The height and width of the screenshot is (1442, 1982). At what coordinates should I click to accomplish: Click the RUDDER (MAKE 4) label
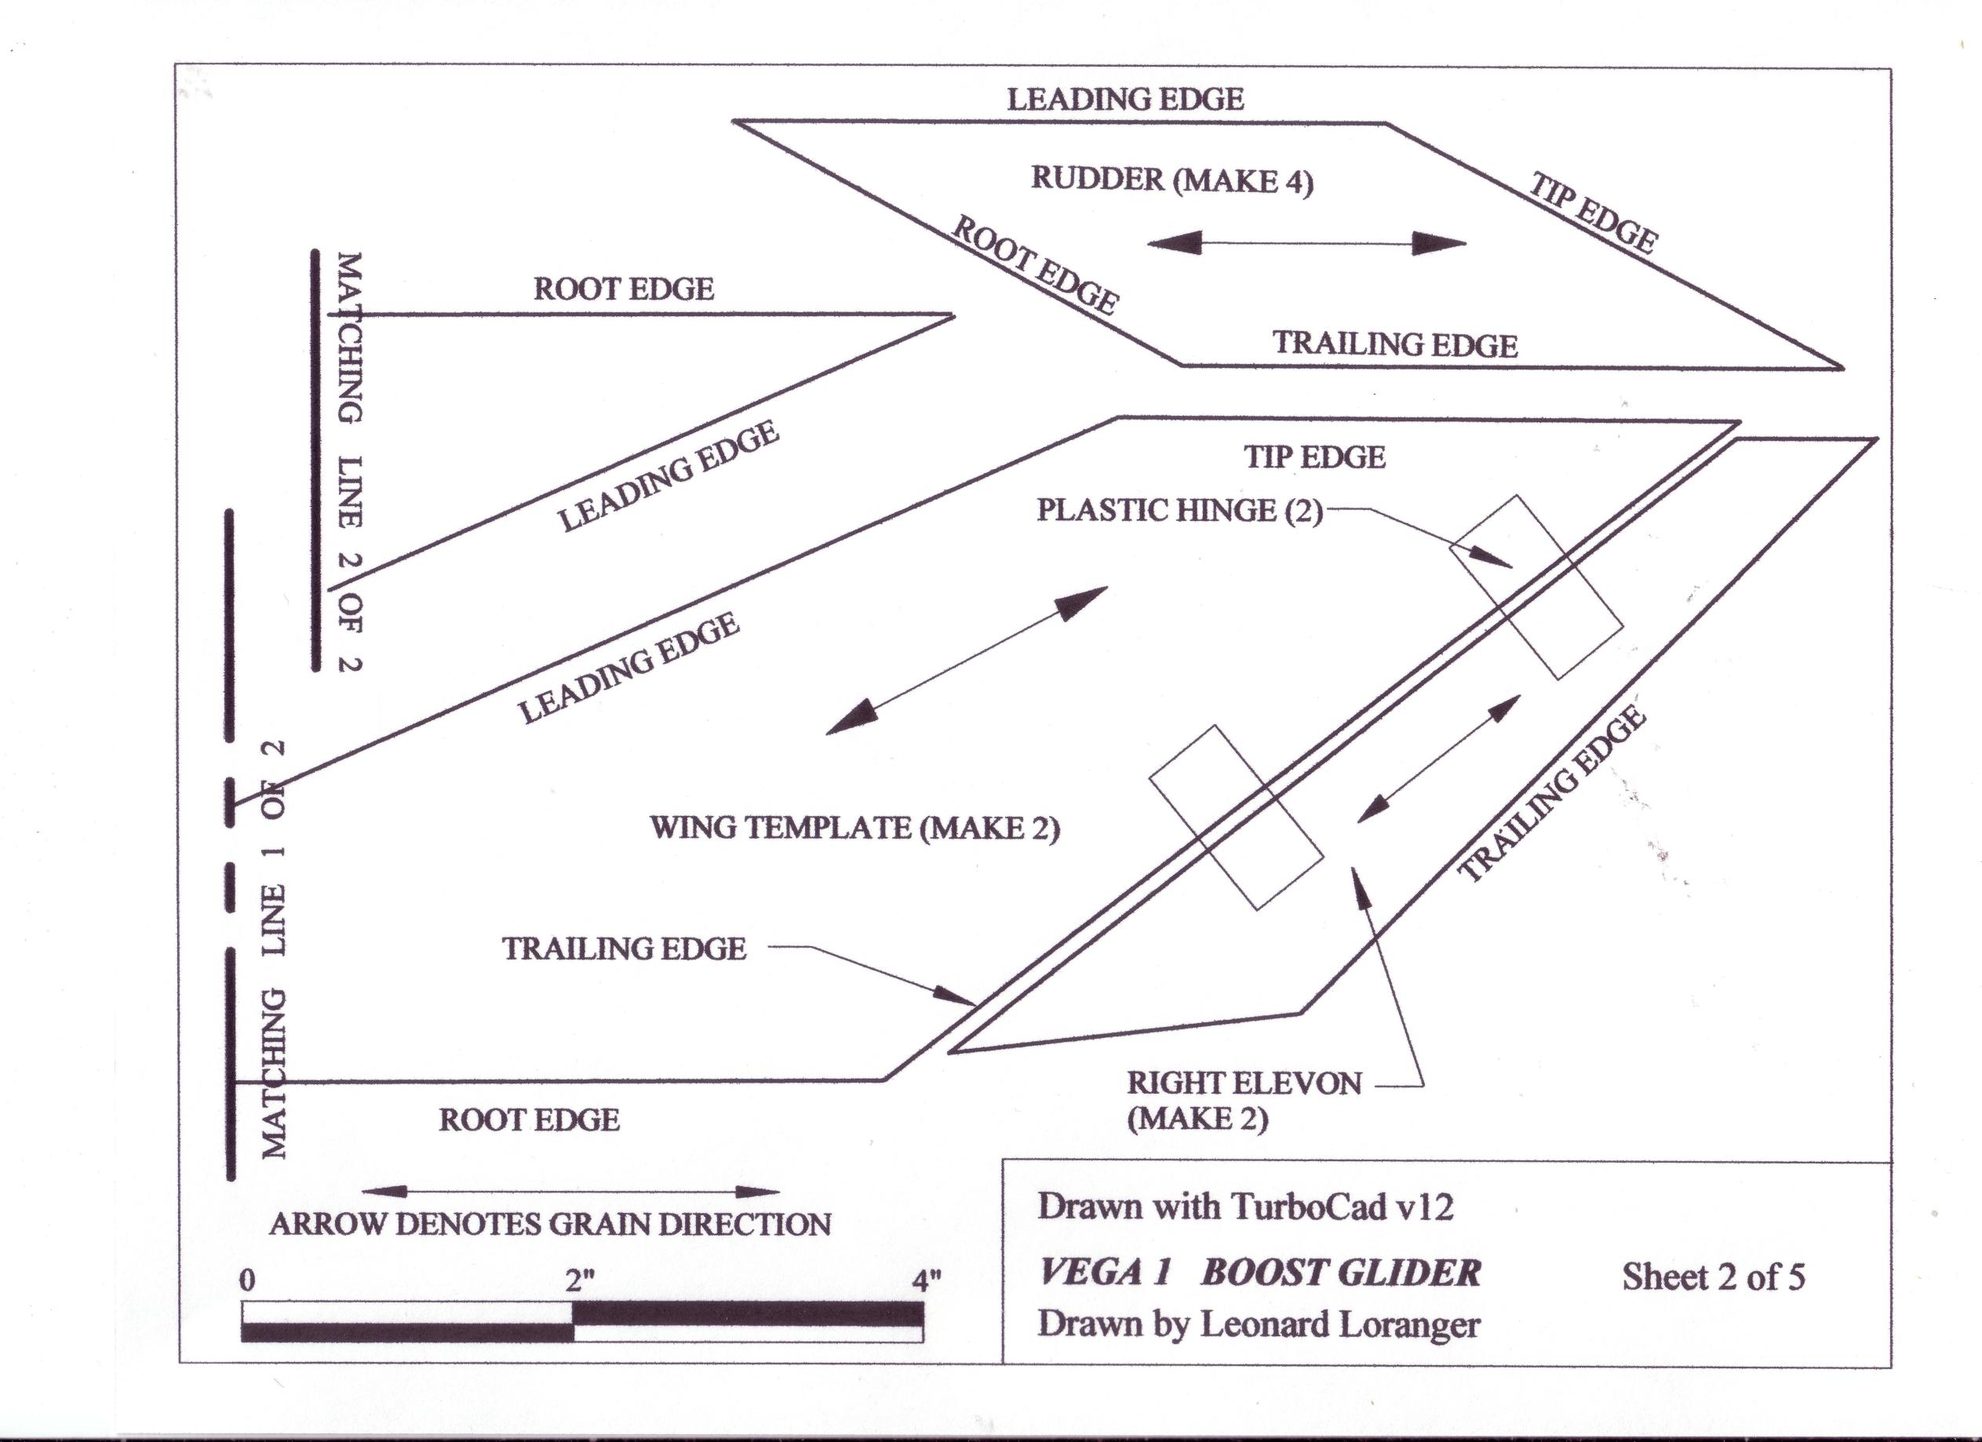coord(1172,180)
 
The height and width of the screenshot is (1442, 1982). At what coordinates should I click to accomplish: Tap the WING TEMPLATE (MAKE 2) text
coord(854,828)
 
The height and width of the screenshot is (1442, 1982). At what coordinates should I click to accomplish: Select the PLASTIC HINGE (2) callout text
coord(1180,511)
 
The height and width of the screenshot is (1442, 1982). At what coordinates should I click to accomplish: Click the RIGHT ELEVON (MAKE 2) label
coord(1243,1100)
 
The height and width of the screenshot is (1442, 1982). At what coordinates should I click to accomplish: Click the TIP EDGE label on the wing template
coord(1314,457)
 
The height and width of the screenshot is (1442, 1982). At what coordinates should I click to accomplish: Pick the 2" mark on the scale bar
coord(579,1282)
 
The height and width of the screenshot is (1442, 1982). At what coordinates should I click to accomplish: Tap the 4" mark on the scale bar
coord(927,1281)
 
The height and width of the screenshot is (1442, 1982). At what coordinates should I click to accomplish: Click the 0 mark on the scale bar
coord(247,1282)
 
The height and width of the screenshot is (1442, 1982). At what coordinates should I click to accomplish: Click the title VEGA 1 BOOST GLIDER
coord(1259,1273)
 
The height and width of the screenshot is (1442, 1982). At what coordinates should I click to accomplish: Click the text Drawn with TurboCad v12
coord(1245,1207)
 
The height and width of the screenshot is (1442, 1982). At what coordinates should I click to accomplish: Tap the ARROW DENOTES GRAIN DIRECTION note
coord(550,1225)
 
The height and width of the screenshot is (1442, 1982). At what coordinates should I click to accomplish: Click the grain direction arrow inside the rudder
coord(1306,244)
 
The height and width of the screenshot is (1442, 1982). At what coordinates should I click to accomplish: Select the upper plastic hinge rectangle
coord(1536,588)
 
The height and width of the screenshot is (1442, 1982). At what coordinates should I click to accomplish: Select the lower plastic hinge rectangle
coord(1236,818)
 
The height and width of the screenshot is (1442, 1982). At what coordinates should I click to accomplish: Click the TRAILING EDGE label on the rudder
coord(1395,344)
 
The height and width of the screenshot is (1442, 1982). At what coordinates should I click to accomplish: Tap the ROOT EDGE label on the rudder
coord(1034,264)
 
